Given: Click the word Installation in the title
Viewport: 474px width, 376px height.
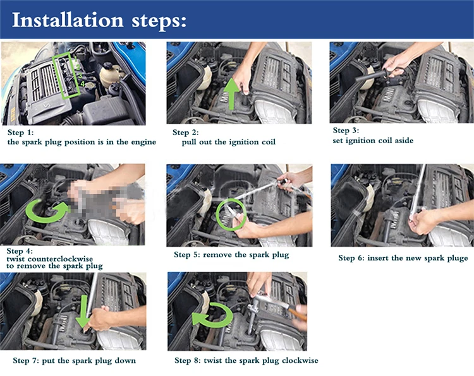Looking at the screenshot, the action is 68,20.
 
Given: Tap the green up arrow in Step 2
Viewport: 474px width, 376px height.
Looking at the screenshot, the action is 232,93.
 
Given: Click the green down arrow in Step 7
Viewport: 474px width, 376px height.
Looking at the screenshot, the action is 83,312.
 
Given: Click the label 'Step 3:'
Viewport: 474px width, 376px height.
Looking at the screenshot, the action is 346,131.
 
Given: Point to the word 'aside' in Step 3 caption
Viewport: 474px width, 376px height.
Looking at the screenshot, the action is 403,140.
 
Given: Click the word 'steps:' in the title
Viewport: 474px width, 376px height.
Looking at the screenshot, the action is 159,21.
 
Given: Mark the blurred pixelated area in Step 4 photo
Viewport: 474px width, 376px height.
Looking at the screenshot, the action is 106,199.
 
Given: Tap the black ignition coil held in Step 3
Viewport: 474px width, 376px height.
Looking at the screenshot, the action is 371,76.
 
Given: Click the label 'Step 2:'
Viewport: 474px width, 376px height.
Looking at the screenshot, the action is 186,132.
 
